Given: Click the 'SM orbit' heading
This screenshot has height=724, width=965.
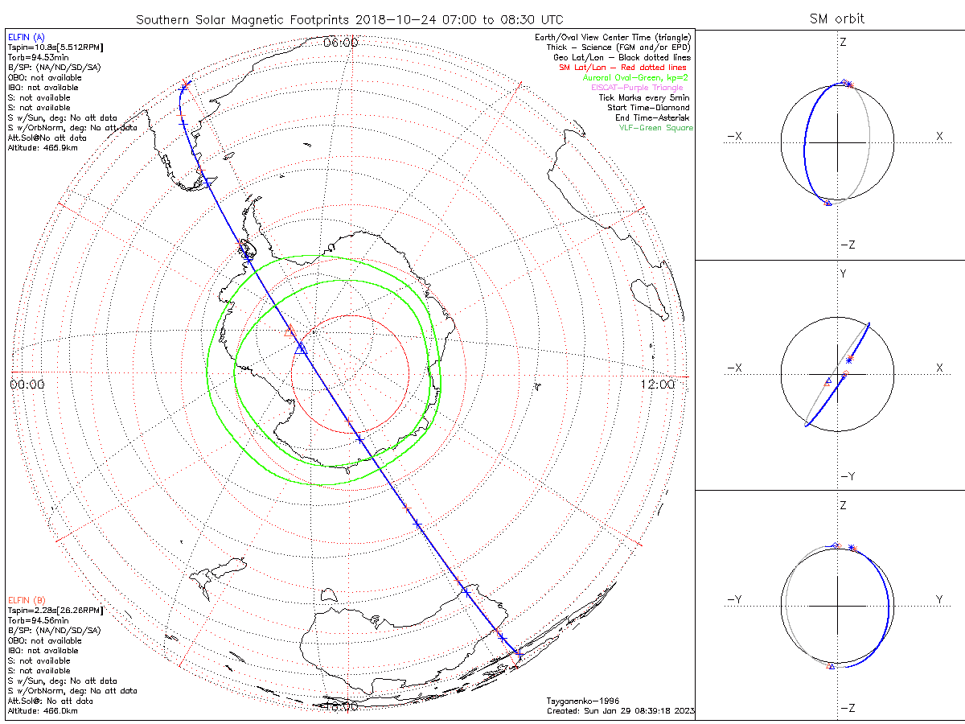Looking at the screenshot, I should point(836,19).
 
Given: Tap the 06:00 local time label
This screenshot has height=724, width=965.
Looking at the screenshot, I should point(340,43).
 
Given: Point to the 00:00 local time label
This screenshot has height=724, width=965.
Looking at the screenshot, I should point(27,385).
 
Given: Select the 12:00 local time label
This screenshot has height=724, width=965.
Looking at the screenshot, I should point(659,385).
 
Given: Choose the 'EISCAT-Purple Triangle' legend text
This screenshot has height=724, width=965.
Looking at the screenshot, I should point(637,88).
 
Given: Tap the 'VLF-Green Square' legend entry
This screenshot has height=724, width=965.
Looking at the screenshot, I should point(655,128).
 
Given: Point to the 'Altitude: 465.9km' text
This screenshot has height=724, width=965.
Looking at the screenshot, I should point(43,148).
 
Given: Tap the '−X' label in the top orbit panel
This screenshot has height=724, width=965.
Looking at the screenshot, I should point(733,137).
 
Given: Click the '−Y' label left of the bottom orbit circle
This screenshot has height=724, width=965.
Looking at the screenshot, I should point(733,599).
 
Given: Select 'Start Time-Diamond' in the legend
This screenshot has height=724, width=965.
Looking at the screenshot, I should point(651,108).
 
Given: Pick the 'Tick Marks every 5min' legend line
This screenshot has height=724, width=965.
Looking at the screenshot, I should point(645,97).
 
